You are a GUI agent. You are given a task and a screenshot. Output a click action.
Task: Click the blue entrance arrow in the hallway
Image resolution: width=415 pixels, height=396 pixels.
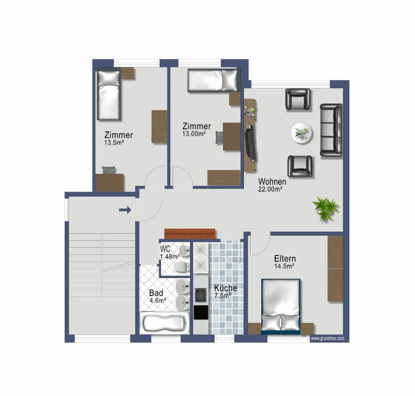(x=125, y=210)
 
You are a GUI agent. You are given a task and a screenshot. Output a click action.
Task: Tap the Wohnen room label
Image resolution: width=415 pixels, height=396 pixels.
(x=272, y=182)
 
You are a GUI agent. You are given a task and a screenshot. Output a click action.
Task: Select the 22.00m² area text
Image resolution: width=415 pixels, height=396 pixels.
(x=270, y=189)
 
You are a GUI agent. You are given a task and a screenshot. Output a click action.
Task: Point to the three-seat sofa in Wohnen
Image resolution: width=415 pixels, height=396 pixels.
(x=331, y=130)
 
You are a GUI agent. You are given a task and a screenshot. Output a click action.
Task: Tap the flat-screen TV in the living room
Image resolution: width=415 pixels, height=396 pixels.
(x=250, y=143)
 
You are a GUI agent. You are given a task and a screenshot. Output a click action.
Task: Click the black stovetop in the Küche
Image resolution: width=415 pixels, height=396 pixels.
(x=201, y=312)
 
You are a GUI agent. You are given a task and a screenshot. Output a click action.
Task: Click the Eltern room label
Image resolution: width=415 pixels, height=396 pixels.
(x=285, y=258)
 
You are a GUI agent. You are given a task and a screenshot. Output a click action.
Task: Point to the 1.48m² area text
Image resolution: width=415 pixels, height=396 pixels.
(x=170, y=256)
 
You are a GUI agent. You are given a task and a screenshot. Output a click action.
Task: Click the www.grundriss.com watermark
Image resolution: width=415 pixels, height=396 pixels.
(x=327, y=338)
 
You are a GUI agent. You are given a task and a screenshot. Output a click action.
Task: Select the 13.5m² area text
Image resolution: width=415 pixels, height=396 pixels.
(x=114, y=142)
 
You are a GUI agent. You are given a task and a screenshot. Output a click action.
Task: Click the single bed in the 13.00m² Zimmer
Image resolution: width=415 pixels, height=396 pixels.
(x=213, y=80)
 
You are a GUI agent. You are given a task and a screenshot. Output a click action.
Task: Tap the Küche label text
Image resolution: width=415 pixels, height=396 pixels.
(x=225, y=288)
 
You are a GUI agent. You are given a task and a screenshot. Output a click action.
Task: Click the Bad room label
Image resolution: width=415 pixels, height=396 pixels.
(x=156, y=293)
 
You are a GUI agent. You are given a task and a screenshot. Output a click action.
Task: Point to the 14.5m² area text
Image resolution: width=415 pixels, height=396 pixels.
(x=284, y=266)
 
